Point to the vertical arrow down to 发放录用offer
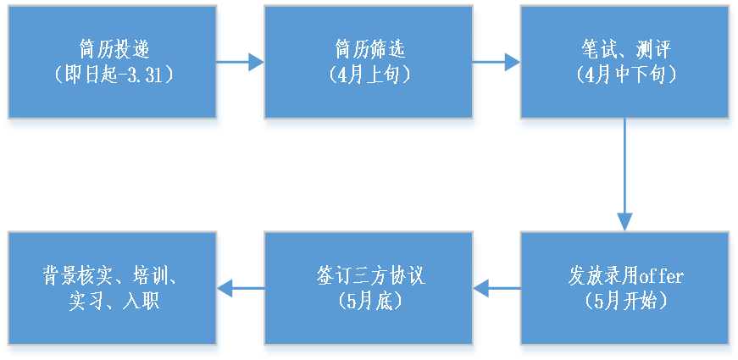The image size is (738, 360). pyautogui.click(x=625, y=178)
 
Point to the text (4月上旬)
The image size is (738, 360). pyautogui.click(x=369, y=74)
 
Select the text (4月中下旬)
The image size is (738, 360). pyautogui.click(x=625, y=74)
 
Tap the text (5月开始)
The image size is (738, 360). pyautogui.click(x=625, y=301)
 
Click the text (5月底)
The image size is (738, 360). pyautogui.click(x=369, y=301)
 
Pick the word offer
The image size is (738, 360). pyautogui.click(x=661, y=276)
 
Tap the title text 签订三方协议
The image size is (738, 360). pyautogui.click(x=369, y=276)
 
